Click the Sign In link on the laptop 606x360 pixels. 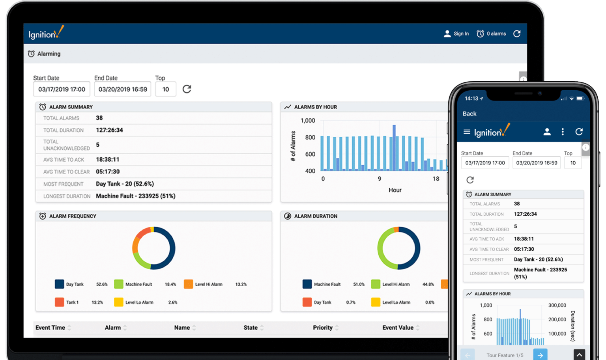tap(456, 34)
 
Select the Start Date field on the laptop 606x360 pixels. tap(62, 89)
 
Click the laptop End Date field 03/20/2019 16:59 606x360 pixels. tap(123, 89)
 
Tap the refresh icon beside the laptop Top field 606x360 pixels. tap(187, 89)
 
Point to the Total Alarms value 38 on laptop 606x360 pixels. tap(99, 118)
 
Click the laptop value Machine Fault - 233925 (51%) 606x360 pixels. tap(135, 196)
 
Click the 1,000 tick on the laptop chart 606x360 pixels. tap(308, 121)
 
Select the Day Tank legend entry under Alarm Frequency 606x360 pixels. tap(70, 284)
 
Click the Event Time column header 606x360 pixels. tap(50, 328)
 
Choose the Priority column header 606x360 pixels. tap(323, 328)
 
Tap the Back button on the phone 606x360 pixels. tap(469, 114)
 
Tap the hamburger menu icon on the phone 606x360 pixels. tap(467, 132)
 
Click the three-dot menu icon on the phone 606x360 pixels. tap(563, 132)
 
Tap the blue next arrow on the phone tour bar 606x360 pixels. tap(540, 355)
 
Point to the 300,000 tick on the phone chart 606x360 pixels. tap(557, 305)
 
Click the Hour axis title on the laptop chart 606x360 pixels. tap(395, 190)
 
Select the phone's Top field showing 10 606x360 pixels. tap(573, 163)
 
